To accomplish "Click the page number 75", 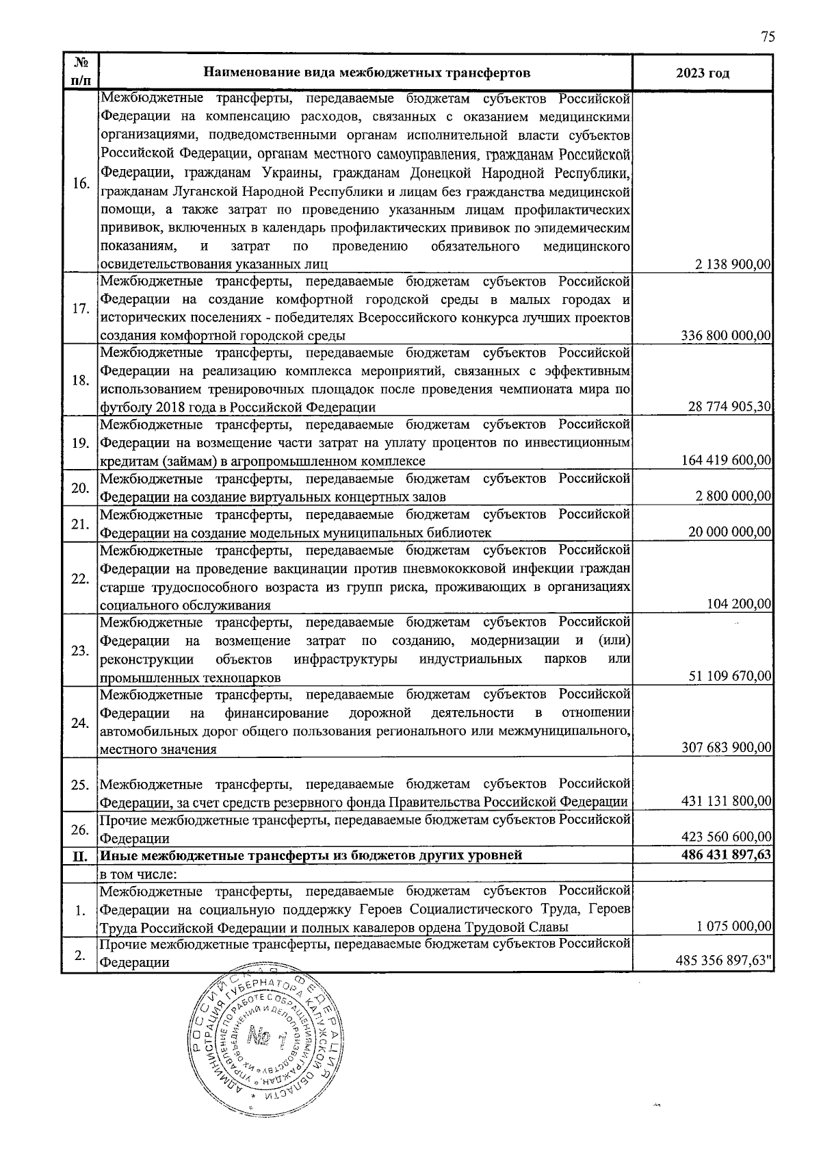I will click(768, 37).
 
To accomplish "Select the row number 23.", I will click(81, 651).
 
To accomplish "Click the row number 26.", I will click(81, 829).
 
